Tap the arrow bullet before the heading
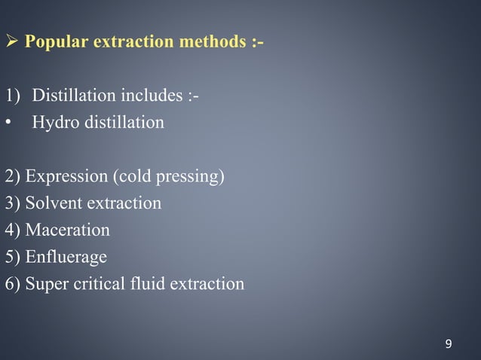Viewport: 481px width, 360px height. pyautogui.click(x=11, y=41)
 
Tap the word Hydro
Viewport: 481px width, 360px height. pyautogui.click(x=55, y=122)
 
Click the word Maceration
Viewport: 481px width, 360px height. pyautogui.click(x=68, y=230)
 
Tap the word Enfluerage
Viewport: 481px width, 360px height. pyautogui.click(x=66, y=258)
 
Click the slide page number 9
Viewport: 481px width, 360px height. pyautogui.click(x=449, y=344)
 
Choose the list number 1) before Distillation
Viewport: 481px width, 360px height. pyautogui.click(x=14, y=96)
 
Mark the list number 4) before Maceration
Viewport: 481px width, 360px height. pyautogui.click(x=13, y=230)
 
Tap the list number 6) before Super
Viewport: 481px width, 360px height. pyautogui.click(x=13, y=285)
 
